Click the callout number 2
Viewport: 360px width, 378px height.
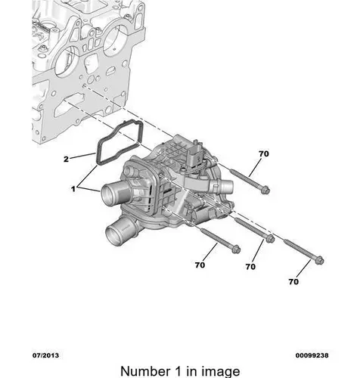(x=66, y=160)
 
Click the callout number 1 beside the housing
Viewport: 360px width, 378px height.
(x=73, y=189)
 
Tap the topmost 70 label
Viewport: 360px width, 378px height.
(x=264, y=153)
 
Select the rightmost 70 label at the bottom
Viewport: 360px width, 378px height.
(x=293, y=281)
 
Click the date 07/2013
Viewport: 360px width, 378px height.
(x=45, y=355)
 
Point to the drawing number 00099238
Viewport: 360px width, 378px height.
(x=312, y=355)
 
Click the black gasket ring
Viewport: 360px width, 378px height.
(x=98, y=161)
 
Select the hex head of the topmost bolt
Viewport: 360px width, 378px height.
(x=265, y=191)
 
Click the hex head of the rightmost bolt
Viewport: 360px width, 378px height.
(x=319, y=260)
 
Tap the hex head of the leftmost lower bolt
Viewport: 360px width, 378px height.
(x=236, y=249)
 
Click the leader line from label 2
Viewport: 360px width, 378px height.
(x=82, y=156)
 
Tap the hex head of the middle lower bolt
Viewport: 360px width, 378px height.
(x=270, y=239)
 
